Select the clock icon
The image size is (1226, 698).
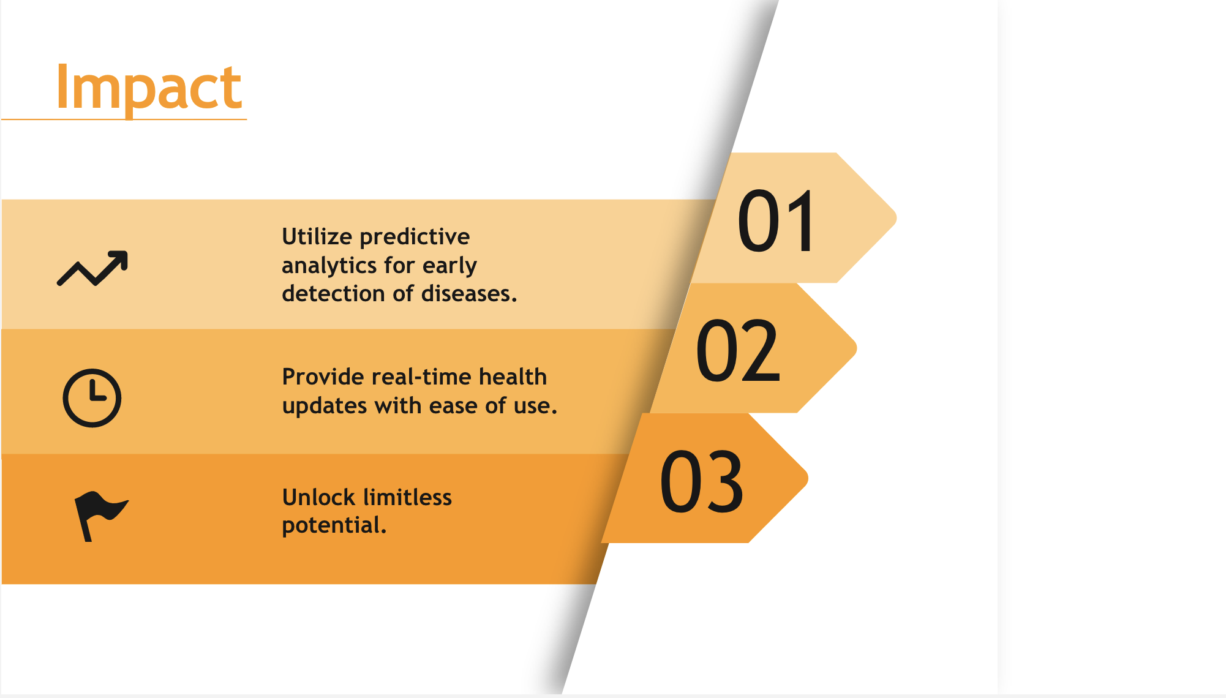(92, 398)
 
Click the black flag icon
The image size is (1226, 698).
(101, 516)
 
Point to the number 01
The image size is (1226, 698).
(777, 221)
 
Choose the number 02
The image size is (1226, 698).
(739, 351)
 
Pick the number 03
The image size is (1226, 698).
(702, 481)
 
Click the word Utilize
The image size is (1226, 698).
(317, 236)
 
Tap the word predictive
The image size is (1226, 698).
(415, 237)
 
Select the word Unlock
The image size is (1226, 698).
(317, 497)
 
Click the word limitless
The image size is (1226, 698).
(405, 497)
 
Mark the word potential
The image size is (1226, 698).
(334, 526)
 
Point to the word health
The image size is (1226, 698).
(513, 377)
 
